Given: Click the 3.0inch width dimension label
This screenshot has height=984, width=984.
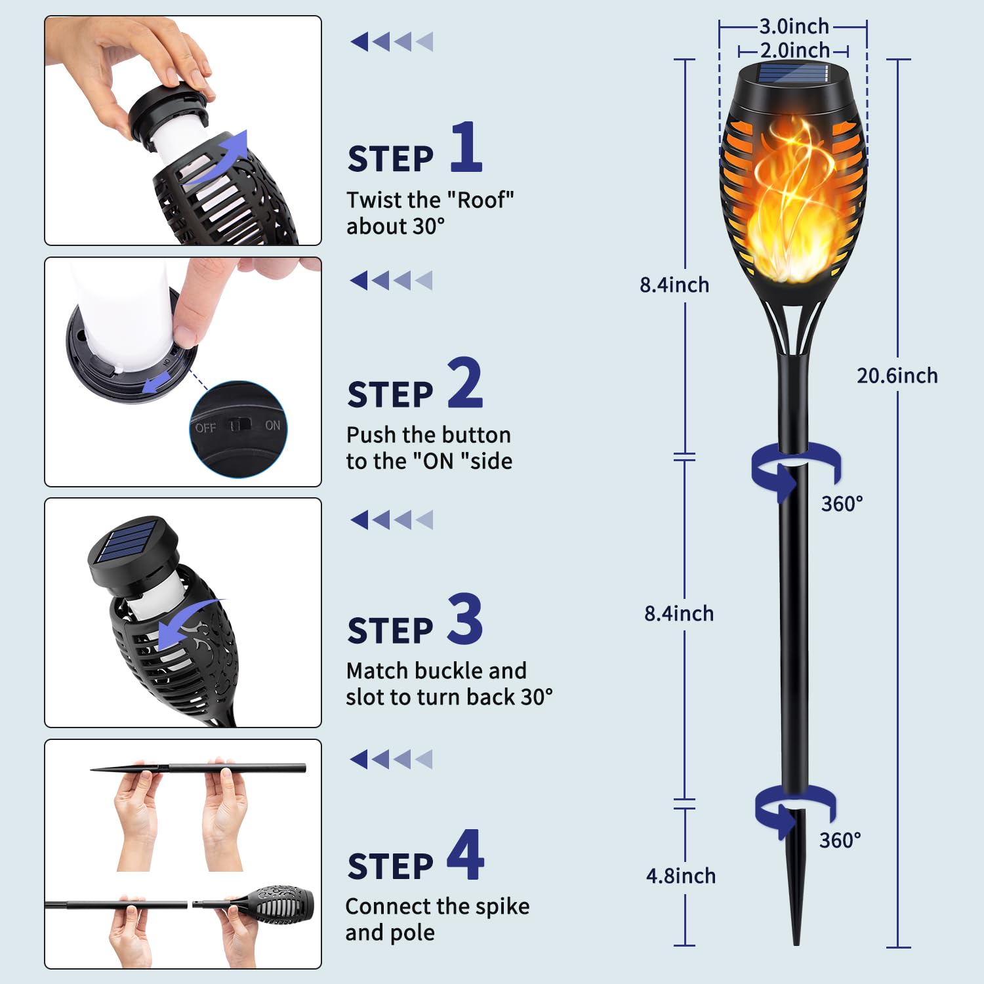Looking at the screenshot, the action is coord(794,26).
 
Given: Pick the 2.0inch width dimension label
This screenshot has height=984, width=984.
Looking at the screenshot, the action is coord(795,50).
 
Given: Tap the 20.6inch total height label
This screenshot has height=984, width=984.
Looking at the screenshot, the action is coord(897,375).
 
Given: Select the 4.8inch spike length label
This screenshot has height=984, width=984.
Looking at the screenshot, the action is coord(681,876).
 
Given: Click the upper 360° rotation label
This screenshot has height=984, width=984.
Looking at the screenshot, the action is coord(842,504).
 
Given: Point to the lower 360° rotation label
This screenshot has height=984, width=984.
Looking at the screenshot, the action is coord(840,840).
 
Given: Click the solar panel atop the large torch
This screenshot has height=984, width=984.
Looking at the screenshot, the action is coord(793,73).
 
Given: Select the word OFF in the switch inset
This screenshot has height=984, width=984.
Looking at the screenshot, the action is coord(205,428).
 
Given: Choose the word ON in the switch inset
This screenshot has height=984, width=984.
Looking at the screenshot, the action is coord(273,426).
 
